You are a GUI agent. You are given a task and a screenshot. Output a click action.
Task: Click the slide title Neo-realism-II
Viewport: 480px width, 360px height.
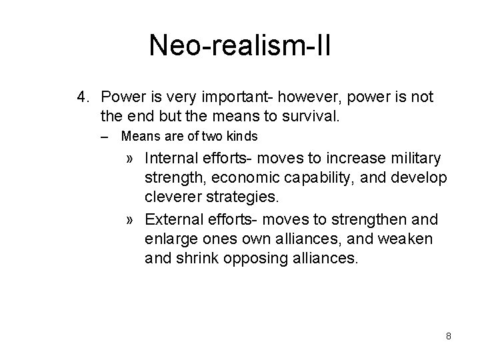[x=240, y=46]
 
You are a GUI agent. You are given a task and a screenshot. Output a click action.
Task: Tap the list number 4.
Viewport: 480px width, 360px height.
[x=83, y=98]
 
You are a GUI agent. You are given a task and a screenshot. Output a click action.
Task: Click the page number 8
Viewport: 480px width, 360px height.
[x=449, y=336]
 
